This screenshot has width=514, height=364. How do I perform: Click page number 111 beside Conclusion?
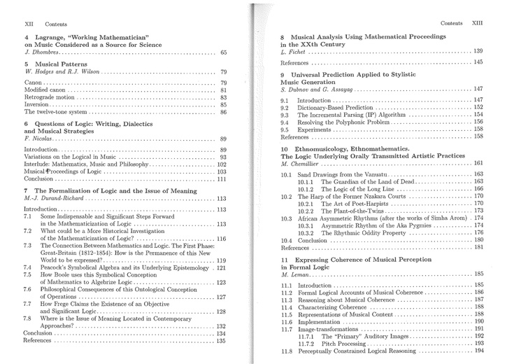(x=222, y=178)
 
